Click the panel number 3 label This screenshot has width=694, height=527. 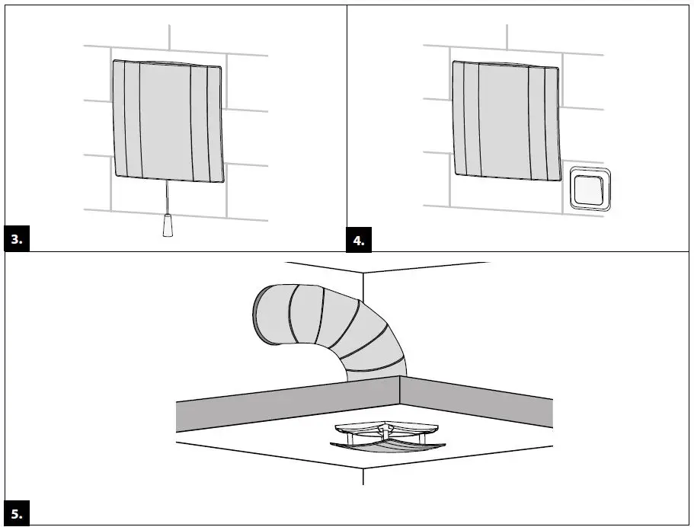pyautogui.click(x=17, y=239)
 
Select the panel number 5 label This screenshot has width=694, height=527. pyautogui.click(x=17, y=513)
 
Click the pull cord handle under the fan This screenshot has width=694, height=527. pyautogui.click(x=168, y=226)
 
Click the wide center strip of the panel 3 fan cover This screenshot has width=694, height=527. pyautogui.click(x=166, y=122)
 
